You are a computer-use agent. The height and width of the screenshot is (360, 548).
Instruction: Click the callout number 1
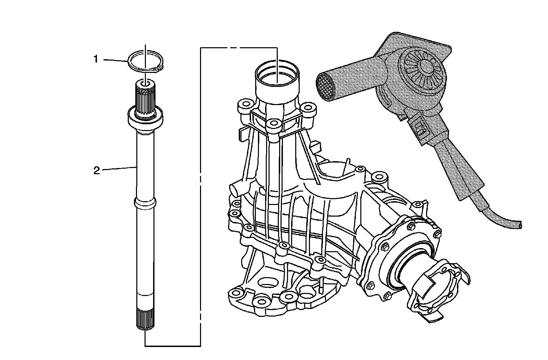pyautogui.click(x=96, y=60)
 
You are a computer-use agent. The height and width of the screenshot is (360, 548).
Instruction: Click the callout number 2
pyautogui.click(x=97, y=170)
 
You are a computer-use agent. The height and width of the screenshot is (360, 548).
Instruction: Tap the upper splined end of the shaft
pyautogui.click(x=146, y=99)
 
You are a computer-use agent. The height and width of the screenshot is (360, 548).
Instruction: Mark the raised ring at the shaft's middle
pyautogui.click(x=145, y=204)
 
